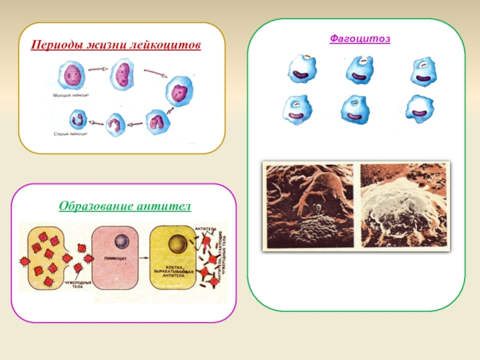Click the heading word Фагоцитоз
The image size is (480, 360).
pos(360,39)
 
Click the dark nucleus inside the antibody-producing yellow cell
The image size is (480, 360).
pos(177,244)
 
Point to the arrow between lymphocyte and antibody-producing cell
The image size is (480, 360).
pos(145,255)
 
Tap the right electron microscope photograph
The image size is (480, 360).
pos(404,206)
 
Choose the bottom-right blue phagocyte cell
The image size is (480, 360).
pos(418,110)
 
